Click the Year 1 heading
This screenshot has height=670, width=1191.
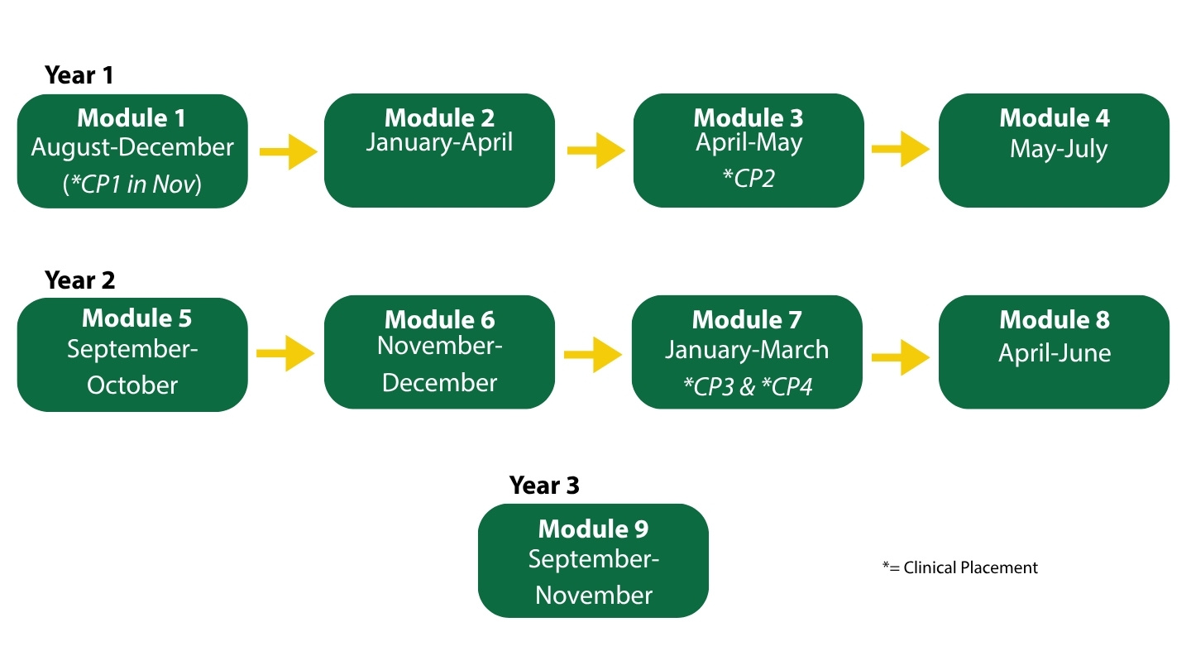79,75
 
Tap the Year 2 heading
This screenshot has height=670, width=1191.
79,280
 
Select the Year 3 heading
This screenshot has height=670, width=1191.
544,485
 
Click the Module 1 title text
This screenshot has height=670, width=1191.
132,117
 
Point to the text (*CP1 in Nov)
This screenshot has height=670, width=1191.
132,184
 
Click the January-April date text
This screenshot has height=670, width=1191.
439,142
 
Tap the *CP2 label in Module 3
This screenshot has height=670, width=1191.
749,178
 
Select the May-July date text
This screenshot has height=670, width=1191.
1059,149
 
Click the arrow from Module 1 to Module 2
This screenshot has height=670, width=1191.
288,152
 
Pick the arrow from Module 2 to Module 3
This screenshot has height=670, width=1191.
596,151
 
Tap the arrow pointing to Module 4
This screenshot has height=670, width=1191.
901,150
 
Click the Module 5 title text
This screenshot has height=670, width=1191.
136,318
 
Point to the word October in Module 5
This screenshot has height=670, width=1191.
132,385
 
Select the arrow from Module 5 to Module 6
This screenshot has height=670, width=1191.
285,354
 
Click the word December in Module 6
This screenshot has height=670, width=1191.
440,383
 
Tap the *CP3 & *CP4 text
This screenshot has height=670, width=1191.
748,386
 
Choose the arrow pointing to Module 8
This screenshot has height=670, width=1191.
901,357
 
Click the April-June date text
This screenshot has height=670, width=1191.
1055,353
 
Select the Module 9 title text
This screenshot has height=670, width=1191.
593,529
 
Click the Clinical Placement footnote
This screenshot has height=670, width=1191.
960,568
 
